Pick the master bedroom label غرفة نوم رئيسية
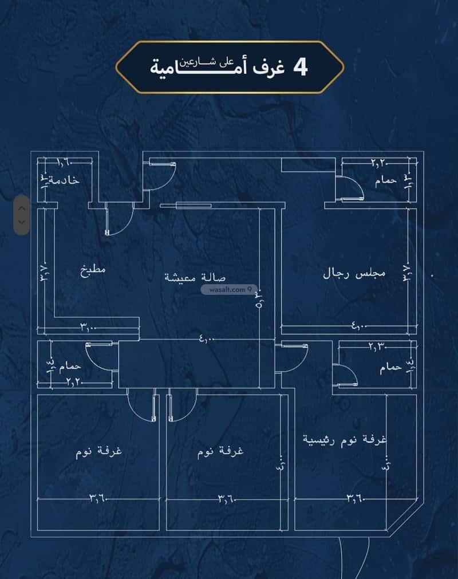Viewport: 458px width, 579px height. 345,440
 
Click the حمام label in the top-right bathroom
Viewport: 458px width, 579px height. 386,181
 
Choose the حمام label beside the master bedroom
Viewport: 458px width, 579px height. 391,368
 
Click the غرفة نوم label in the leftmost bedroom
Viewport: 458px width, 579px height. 100,451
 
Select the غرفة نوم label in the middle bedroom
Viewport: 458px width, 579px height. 220,451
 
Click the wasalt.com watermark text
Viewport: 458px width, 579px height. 224,290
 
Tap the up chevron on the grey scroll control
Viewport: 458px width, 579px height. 22,206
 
